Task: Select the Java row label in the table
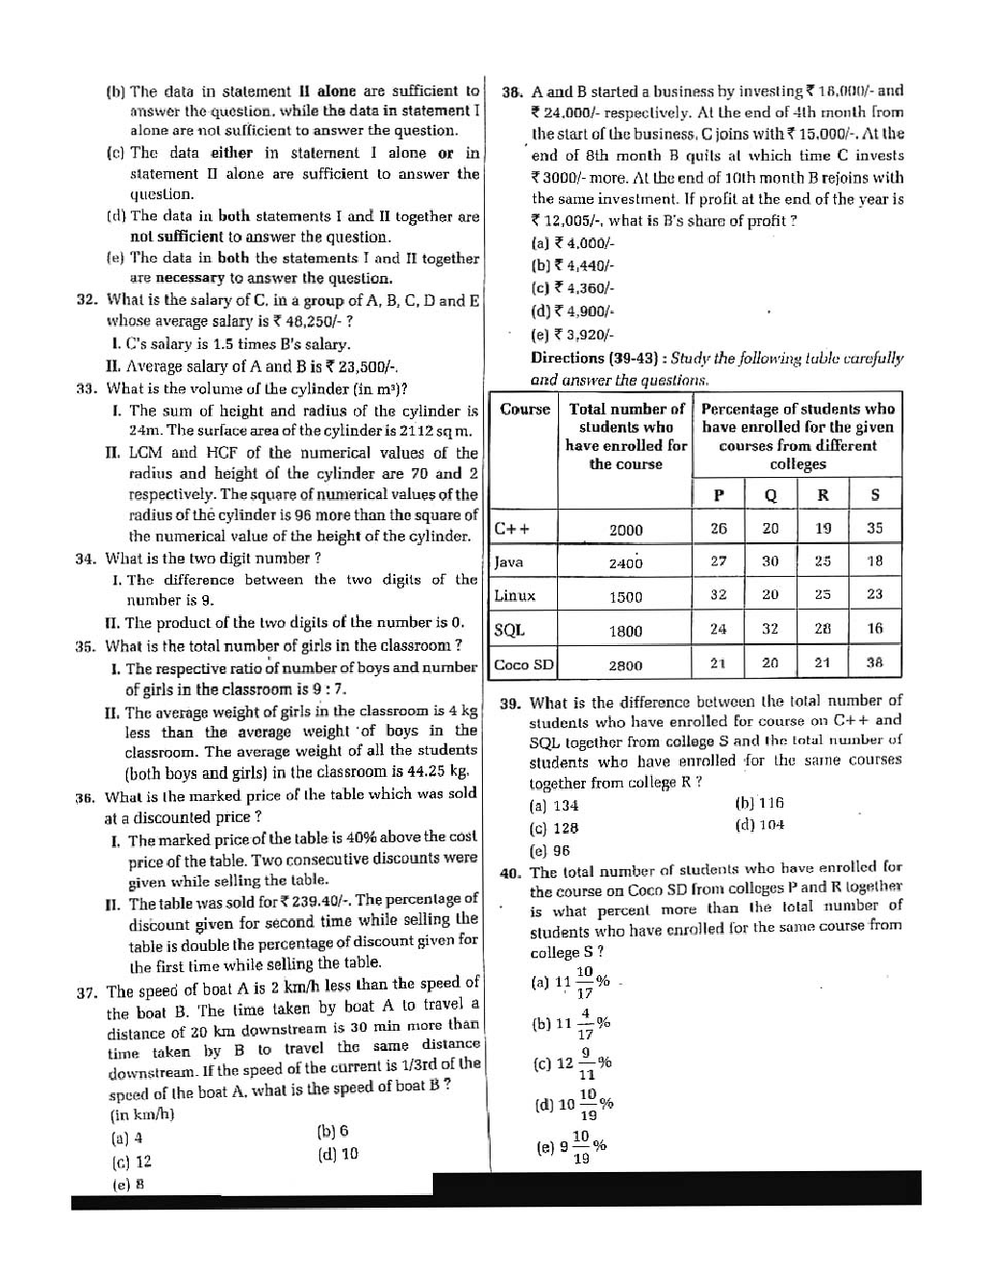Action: click(x=509, y=562)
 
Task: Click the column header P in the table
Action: click(x=718, y=495)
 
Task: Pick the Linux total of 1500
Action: click(x=625, y=597)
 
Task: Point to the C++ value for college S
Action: click(x=874, y=528)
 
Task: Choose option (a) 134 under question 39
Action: click(x=554, y=806)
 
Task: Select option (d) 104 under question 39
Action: click(x=759, y=825)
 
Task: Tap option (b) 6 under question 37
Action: click(x=332, y=1132)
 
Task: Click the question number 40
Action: click(x=510, y=873)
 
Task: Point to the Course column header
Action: click(x=524, y=409)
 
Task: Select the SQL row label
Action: click(x=509, y=631)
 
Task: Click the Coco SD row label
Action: click(x=524, y=664)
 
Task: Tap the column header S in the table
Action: click(x=874, y=495)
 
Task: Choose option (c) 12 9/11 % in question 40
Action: click(x=571, y=1063)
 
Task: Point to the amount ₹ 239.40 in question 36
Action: click(x=317, y=902)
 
